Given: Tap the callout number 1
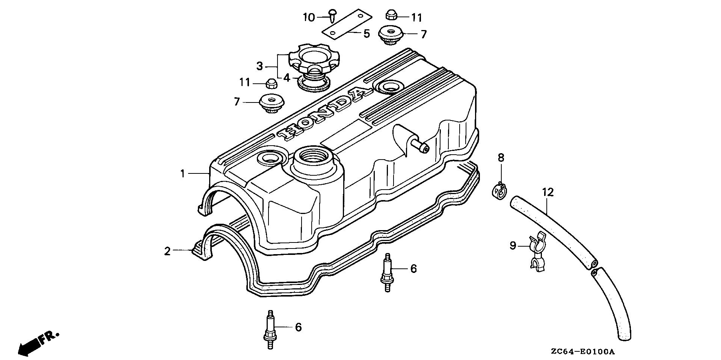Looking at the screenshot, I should pyautogui.click(x=183, y=174).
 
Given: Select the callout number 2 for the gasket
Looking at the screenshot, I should pyautogui.click(x=167, y=251).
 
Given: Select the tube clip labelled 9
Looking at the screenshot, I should pyautogui.click(x=537, y=252).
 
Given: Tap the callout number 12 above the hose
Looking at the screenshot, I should pyautogui.click(x=548, y=193).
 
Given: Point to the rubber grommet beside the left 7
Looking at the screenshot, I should pyautogui.click(x=272, y=102).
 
